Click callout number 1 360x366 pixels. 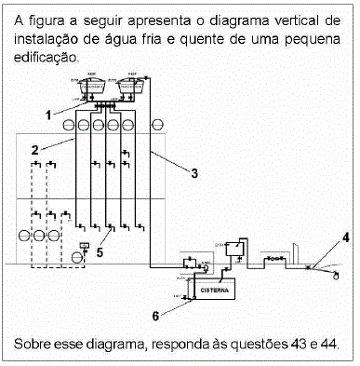click(46, 115)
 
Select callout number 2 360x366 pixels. click(35, 148)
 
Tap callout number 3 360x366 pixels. click(195, 173)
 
